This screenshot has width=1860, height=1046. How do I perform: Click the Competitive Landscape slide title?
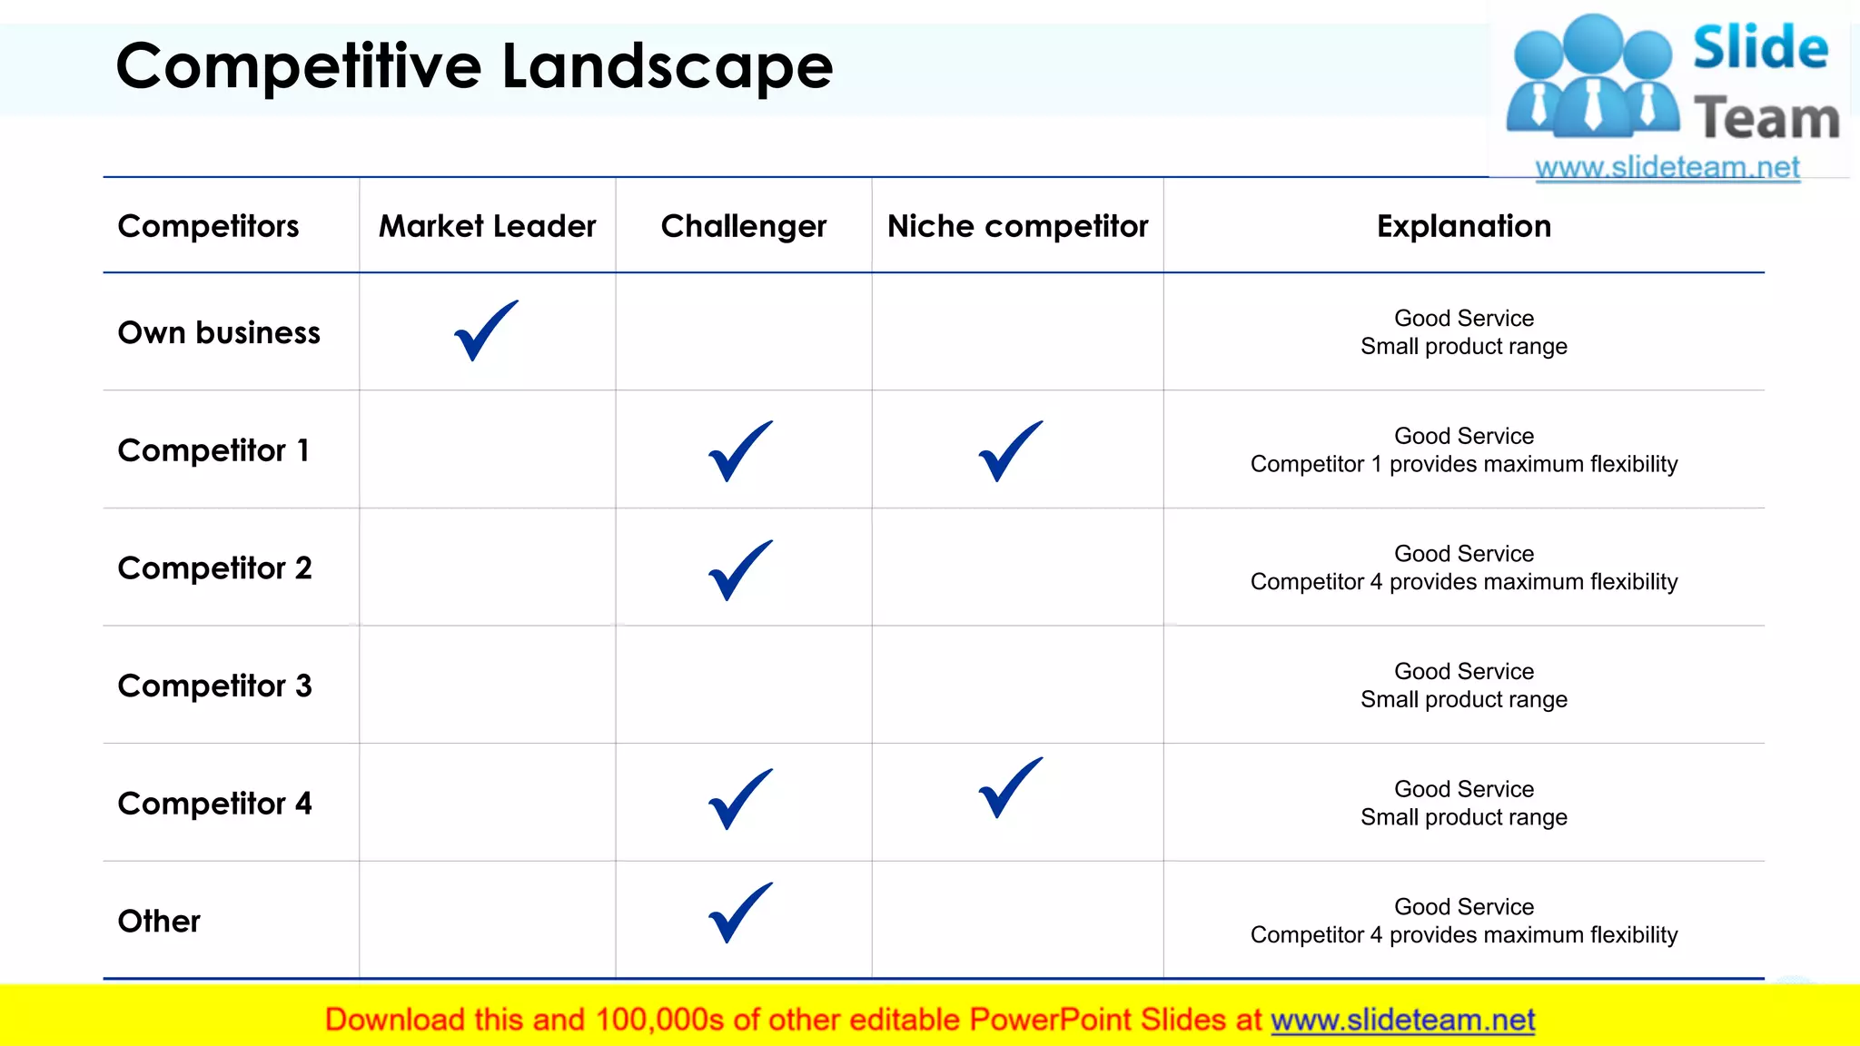(x=474, y=66)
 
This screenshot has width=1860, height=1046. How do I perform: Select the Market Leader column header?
(x=487, y=226)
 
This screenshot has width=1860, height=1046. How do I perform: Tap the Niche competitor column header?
(x=1017, y=226)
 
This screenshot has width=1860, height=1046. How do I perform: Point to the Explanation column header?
(x=1463, y=226)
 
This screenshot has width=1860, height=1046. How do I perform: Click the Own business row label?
(x=219, y=333)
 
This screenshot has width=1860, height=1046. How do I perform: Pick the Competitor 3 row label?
(x=214, y=686)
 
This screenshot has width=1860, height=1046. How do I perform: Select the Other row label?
(x=159, y=921)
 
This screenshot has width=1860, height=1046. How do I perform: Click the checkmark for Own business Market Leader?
(x=485, y=331)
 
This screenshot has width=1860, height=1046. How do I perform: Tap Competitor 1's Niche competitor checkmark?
(x=1010, y=451)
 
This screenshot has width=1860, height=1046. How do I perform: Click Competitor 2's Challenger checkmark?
(x=740, y=570)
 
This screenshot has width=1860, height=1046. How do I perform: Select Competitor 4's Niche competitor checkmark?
(x=1010, y=788)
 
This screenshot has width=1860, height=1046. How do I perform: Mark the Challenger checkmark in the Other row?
(x=740, y=913)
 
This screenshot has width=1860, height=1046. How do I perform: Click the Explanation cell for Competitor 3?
(x=1463, y=686)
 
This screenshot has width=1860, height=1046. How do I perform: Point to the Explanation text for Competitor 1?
(x=1463, y=450)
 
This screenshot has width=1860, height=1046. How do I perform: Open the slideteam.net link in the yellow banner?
(x=1402, y=1021)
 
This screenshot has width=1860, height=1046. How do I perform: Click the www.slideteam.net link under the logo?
(x=1667, y=168)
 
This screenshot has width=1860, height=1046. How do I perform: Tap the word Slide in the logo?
(x=1760, y=48)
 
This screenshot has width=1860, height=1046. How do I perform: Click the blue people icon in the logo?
(x=1592, y=77)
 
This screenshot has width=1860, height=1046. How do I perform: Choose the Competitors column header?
(x=208, y=226)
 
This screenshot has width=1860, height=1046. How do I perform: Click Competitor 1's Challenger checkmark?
(x=740, y=451)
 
